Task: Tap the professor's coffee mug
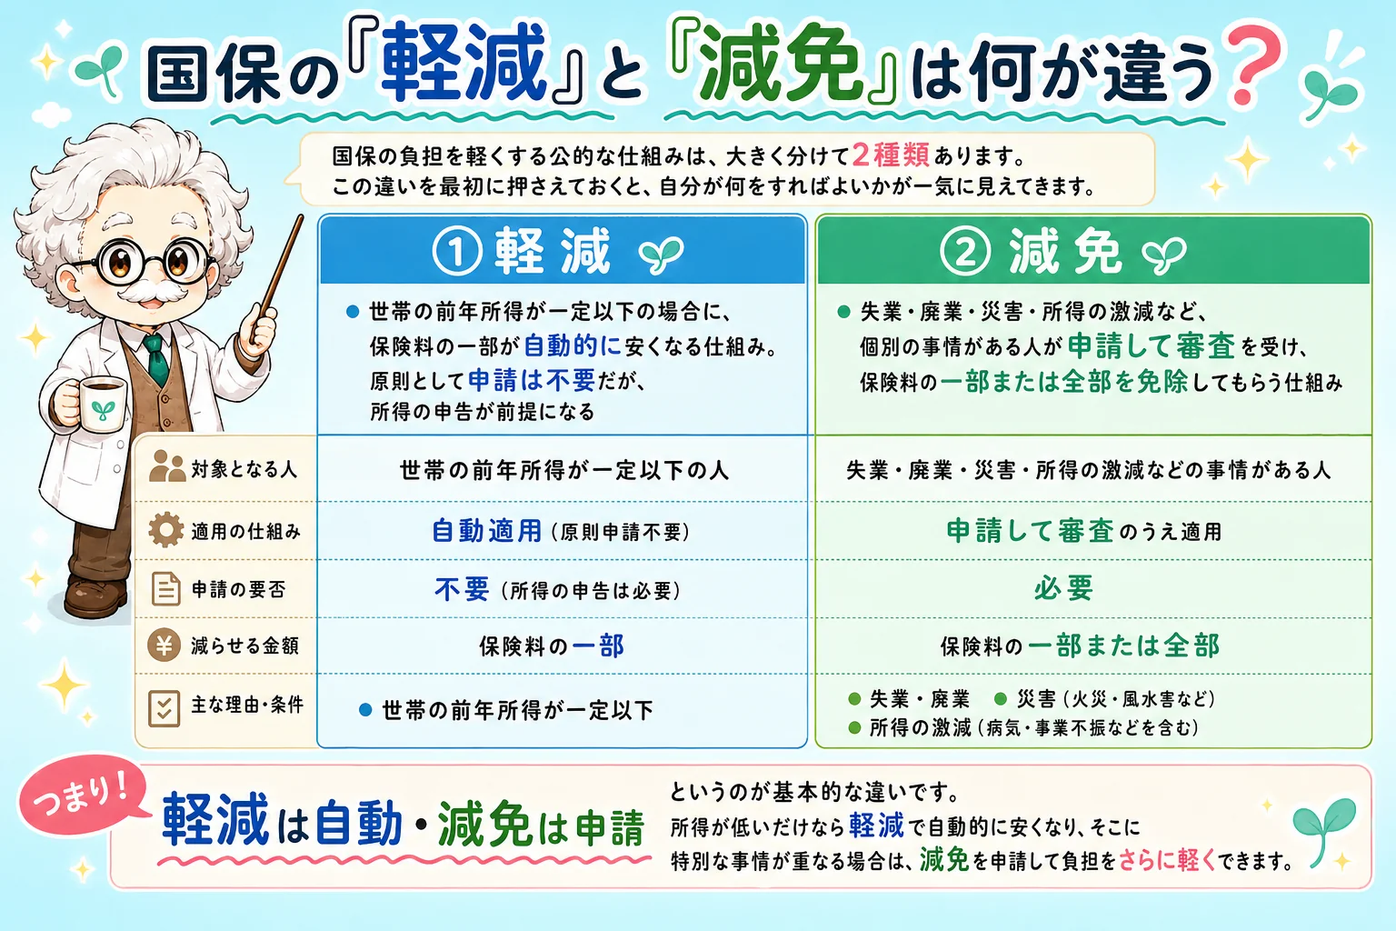tap(100, 408)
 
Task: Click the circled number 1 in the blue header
tap(457, 251)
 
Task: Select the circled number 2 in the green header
tap(964, 251)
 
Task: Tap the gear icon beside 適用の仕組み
tap(165, 530)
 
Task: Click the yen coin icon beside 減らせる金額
tap(164, 645)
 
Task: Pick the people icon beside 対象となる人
tap(167, 465)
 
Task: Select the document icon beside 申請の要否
tap(165, 588)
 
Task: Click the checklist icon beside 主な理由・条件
tap(164, 708)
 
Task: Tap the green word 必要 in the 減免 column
tap(1064, 587)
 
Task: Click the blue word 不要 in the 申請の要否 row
tap(462, 588)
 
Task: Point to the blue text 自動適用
tap(487, 531)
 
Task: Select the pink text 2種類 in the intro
tap(891, 155)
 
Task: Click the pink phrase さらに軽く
tap(1167, 860)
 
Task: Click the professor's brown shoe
tap(95, 596)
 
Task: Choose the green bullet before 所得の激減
tap(855, 727)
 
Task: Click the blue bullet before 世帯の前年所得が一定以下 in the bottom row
tap(366, 710)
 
